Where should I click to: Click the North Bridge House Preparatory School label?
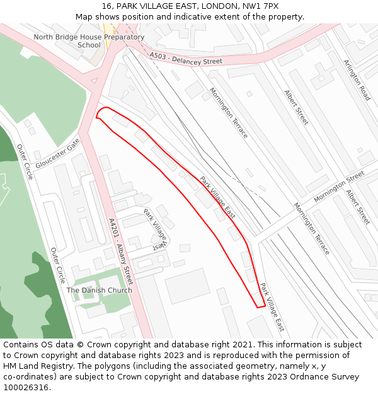tap(89, 41)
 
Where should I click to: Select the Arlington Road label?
tap(357, 80)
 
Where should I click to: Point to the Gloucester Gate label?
tap(57, 154)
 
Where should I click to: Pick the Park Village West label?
tap(155, 228)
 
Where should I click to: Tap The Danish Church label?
tap(100, 290)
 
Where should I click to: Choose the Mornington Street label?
tap(339, 187)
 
